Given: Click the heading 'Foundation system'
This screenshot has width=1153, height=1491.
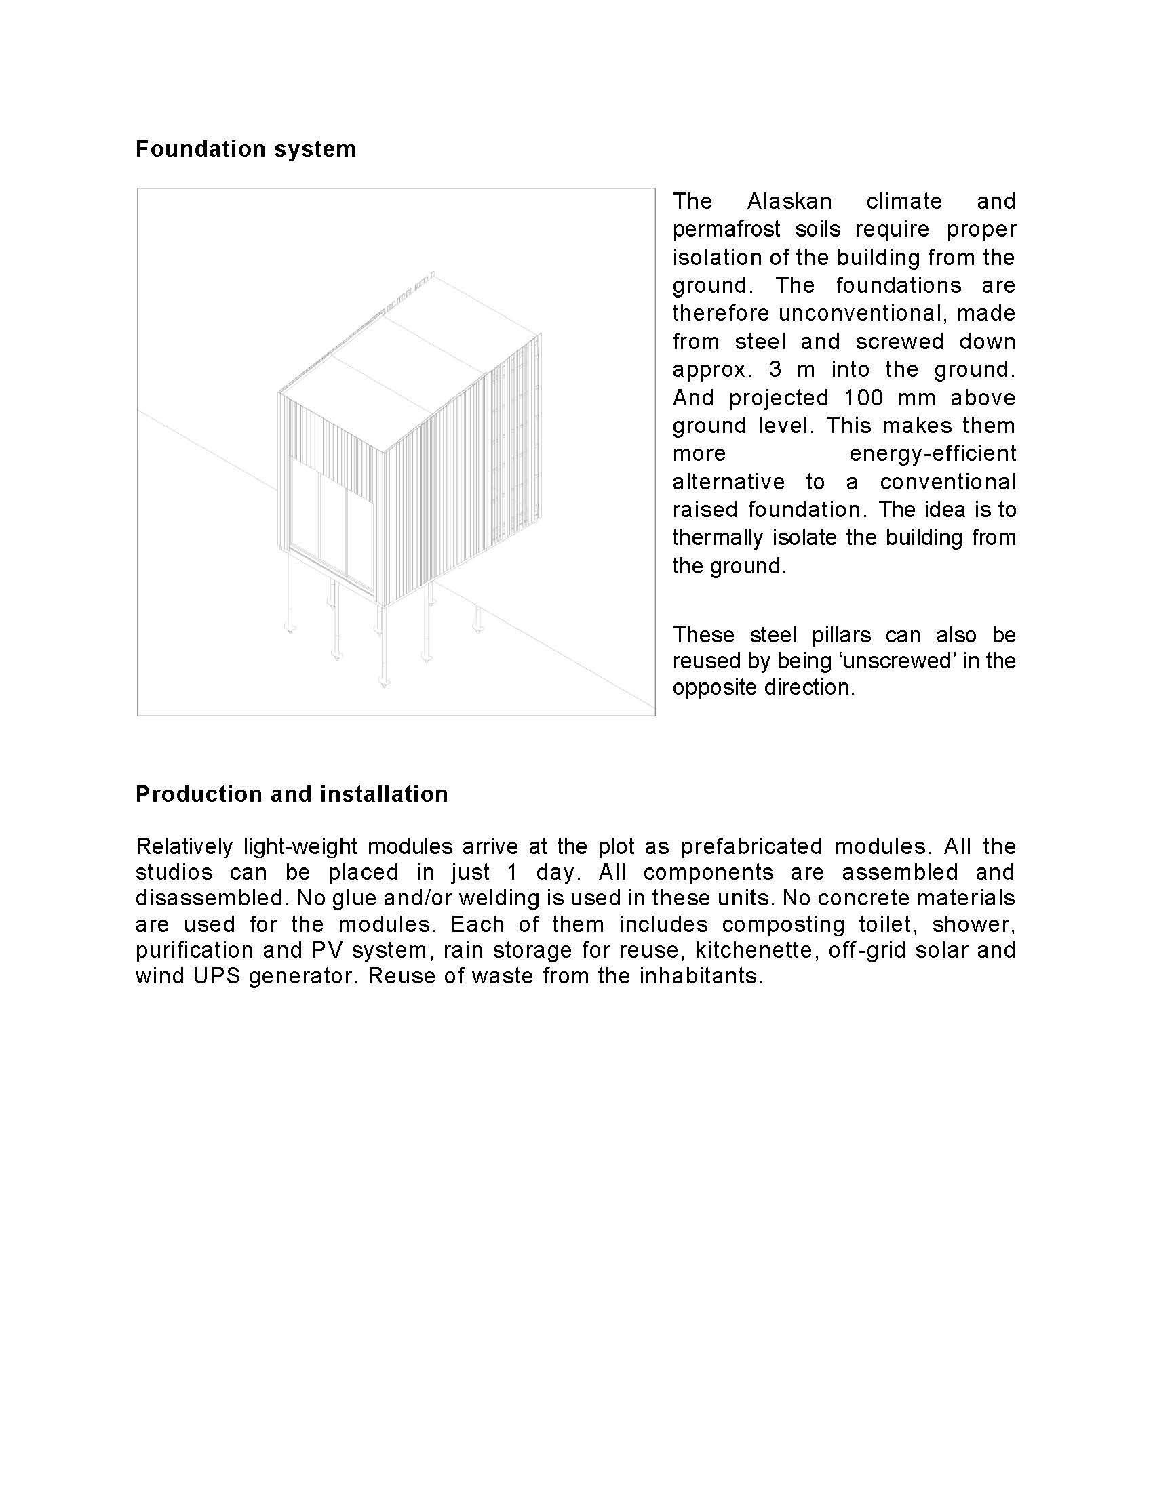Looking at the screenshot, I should click(246, 149).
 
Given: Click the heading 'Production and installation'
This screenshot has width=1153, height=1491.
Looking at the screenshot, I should click(292, 794).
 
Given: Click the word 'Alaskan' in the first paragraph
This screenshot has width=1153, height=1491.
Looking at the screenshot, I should click(789, 201).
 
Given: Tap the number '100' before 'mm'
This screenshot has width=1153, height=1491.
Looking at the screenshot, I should click(863, 397).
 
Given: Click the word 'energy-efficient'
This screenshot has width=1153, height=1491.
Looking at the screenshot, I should click(933, 453).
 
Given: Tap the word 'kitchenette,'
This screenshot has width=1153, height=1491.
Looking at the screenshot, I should click(756, 950).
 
